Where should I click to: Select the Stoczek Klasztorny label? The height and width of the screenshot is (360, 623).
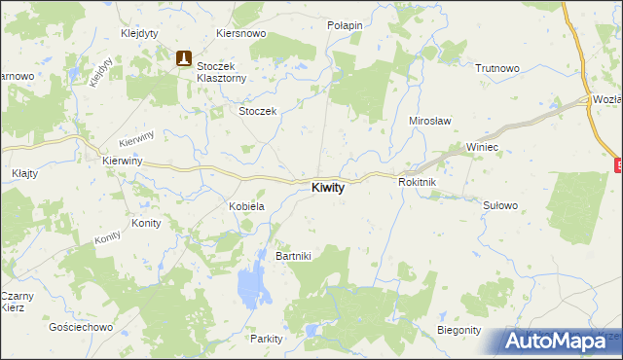coord(225,72)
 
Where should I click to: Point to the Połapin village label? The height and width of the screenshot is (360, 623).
coord(345,25)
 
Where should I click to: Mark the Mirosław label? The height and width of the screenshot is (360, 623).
coord(426,122)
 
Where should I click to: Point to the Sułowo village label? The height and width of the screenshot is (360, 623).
coord(499,205)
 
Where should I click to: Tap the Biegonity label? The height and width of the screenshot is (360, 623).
coord(459,330)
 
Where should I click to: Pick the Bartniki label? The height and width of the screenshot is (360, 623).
coord(293,256)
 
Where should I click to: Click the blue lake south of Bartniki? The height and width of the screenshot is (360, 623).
coord(252,285)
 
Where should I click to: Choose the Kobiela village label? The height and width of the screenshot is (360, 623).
coord(246,207)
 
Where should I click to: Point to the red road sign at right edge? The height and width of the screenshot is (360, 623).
coord(618,165)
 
